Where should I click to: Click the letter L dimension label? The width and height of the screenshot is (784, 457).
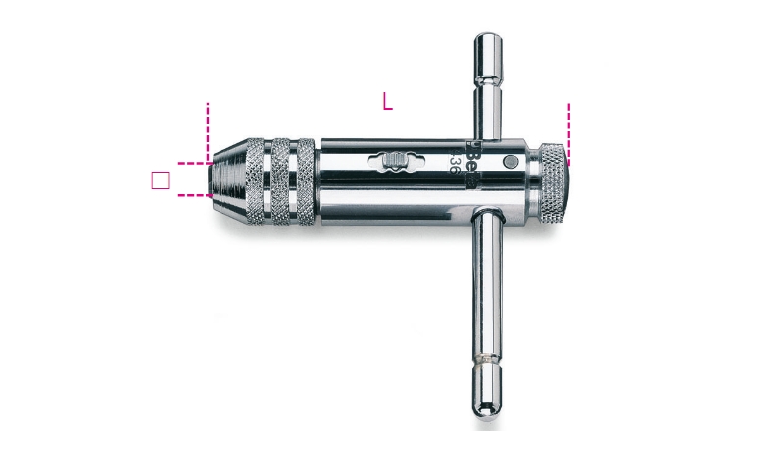click(x=388, y=101)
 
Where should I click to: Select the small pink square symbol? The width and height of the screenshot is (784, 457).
click(x=162, y=179)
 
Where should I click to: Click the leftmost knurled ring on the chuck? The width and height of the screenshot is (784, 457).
click(x=255, y=179)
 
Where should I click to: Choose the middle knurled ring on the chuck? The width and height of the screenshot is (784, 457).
click(x=280, y=179)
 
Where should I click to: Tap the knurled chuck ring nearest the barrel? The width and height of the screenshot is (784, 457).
click(x=305, y=179)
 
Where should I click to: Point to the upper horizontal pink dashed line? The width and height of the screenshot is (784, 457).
click(x=192, y=163)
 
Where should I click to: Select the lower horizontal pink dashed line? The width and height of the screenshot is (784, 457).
click(x=192, y=195)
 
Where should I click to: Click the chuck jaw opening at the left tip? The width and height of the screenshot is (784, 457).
click(x=211, y=179)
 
